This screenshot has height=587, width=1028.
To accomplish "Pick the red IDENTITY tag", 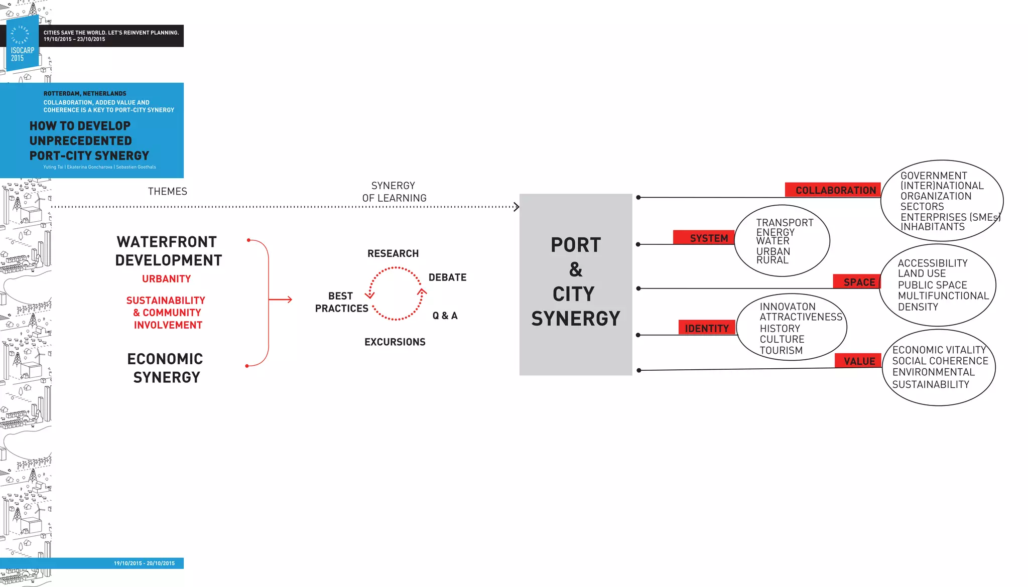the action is (x=707, y=328).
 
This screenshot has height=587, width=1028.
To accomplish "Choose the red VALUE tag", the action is (x=858, y=361).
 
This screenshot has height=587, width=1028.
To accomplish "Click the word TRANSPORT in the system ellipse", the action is (x=785, y=223).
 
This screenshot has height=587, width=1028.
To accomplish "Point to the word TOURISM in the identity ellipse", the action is (x=781, y=351).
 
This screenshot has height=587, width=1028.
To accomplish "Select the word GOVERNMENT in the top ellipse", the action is (x=934, y=176).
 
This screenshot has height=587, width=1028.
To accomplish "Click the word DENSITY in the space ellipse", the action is (x=918, y=307).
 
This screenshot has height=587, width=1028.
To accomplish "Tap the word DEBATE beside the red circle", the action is (x=447, y=277).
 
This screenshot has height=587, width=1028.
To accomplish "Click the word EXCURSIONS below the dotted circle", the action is (x=395, y=342).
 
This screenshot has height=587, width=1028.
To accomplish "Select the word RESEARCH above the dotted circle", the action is (x=393, y=254).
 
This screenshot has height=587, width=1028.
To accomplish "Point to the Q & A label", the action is (x=445, y=316).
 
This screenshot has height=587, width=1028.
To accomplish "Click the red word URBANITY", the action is (x=166, y=279).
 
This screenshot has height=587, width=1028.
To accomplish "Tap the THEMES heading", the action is (x=167, y=192).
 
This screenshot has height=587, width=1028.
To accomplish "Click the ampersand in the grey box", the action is (x=576, y=269).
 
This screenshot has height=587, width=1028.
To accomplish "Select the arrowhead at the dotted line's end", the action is (x=516, y=207).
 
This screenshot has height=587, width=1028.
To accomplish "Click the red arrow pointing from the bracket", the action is (x=281, y=300).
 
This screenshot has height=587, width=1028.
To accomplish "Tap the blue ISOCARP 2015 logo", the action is (x=22, y=44).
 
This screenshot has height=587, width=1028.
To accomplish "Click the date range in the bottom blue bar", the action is (x=144, y=563).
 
